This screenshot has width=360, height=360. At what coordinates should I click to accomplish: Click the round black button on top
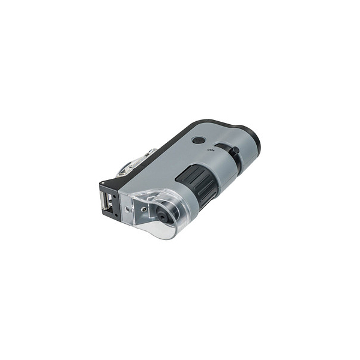click(x=199, y=140)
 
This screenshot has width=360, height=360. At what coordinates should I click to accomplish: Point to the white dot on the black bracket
click(x=103, y=182)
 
